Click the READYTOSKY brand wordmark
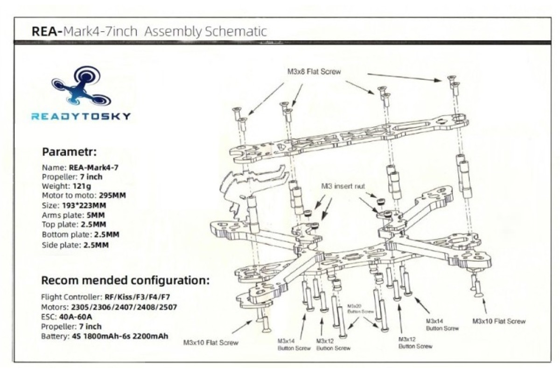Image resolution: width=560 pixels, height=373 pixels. tap(81, 116)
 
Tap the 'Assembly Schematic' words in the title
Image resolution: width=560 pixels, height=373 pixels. tap(206, 32)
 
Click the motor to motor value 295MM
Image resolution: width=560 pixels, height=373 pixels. tap(112, 195)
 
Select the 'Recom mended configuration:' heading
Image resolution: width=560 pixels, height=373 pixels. tap(125, 281)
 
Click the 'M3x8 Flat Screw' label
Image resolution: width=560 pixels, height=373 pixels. tap(314, 72)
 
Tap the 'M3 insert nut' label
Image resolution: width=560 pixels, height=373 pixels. tap(343, 186)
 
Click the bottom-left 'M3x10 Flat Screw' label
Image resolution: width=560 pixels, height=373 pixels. tap(211, 343)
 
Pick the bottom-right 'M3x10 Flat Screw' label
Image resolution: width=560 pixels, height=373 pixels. tap(499, 321)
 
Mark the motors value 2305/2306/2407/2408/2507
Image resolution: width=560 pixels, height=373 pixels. tap(124, 307)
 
